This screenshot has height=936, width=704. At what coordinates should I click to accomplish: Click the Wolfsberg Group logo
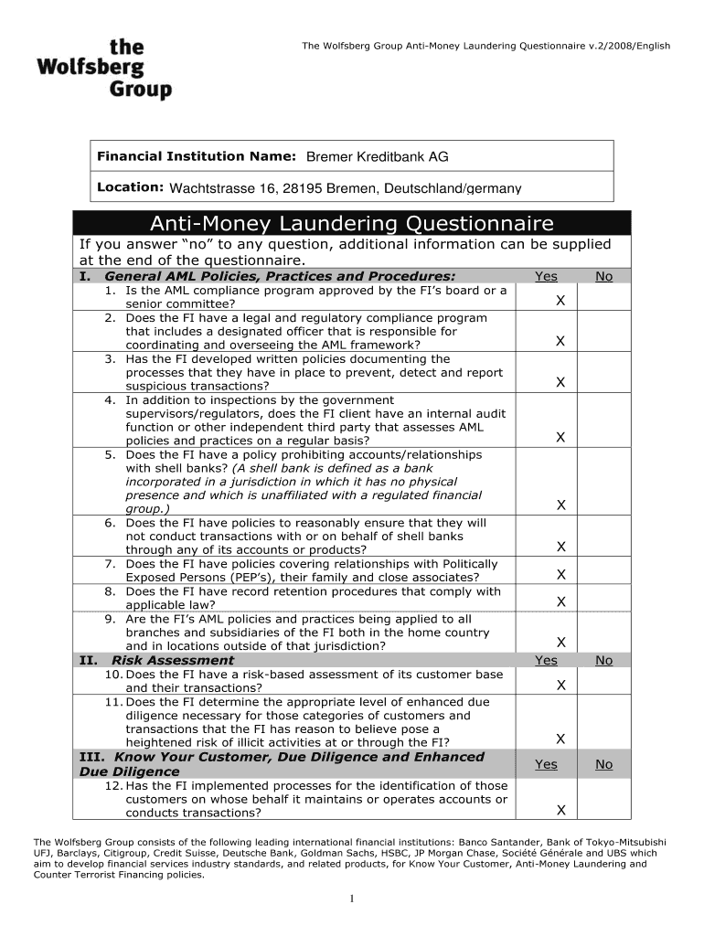coord(104,69)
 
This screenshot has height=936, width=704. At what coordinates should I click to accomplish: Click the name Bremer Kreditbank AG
coord(377,157)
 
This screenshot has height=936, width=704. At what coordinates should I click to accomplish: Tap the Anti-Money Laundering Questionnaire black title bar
coord(352,223)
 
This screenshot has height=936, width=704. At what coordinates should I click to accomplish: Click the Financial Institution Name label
coord(196,156)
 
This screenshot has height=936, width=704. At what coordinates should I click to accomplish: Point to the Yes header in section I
coord(546,276)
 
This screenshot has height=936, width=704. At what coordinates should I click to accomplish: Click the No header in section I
coord(603,276)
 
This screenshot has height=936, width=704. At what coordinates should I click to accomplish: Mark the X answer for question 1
coord(560,301)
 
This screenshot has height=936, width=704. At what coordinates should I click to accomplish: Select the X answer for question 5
coord(560,505)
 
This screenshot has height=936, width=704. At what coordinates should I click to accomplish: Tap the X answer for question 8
coord(560,601)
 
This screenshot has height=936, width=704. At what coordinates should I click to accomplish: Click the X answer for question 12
coord(560,810)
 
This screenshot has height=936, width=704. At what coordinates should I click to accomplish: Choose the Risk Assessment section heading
coord(172,660)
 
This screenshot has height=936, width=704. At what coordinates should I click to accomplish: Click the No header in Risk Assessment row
coord(603,660)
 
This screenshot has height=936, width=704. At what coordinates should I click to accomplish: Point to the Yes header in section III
coord(546,764)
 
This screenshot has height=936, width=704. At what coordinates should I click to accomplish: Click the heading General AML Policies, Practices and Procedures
coord(280,276)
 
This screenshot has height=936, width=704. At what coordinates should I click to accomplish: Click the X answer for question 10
coord(560,685)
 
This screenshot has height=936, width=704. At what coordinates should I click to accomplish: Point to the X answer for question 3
coord(560,383)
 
